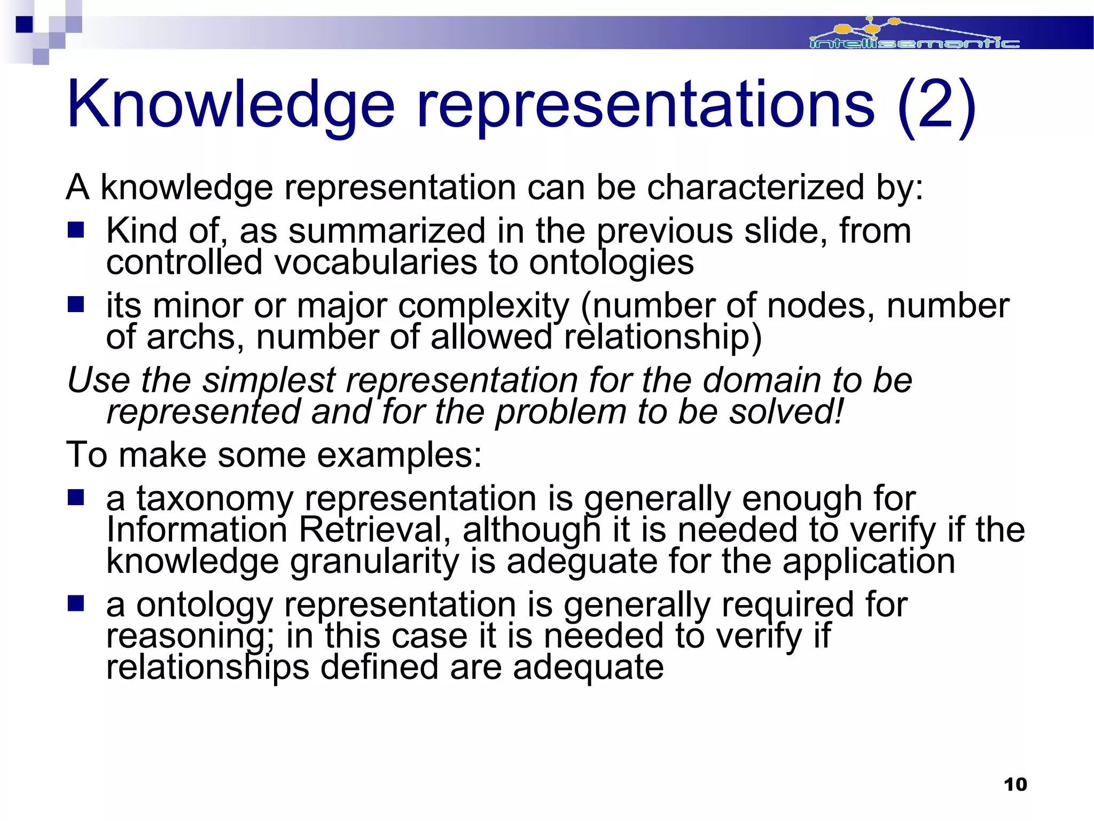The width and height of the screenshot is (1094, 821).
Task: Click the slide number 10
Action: tap(1015, 785)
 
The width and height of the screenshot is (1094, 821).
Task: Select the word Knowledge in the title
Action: tap(230, 104)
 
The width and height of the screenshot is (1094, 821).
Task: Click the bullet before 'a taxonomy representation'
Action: tap(76, 498)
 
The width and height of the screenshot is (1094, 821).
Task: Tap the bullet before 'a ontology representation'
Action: tap(76, 604)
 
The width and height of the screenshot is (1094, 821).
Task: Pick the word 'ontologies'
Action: tap(611, 262)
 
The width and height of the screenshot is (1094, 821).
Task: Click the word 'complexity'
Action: tap(484, 306)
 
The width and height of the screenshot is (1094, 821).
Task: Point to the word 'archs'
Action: tap(195, 337)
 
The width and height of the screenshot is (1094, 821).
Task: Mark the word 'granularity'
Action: tap(374, 562)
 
